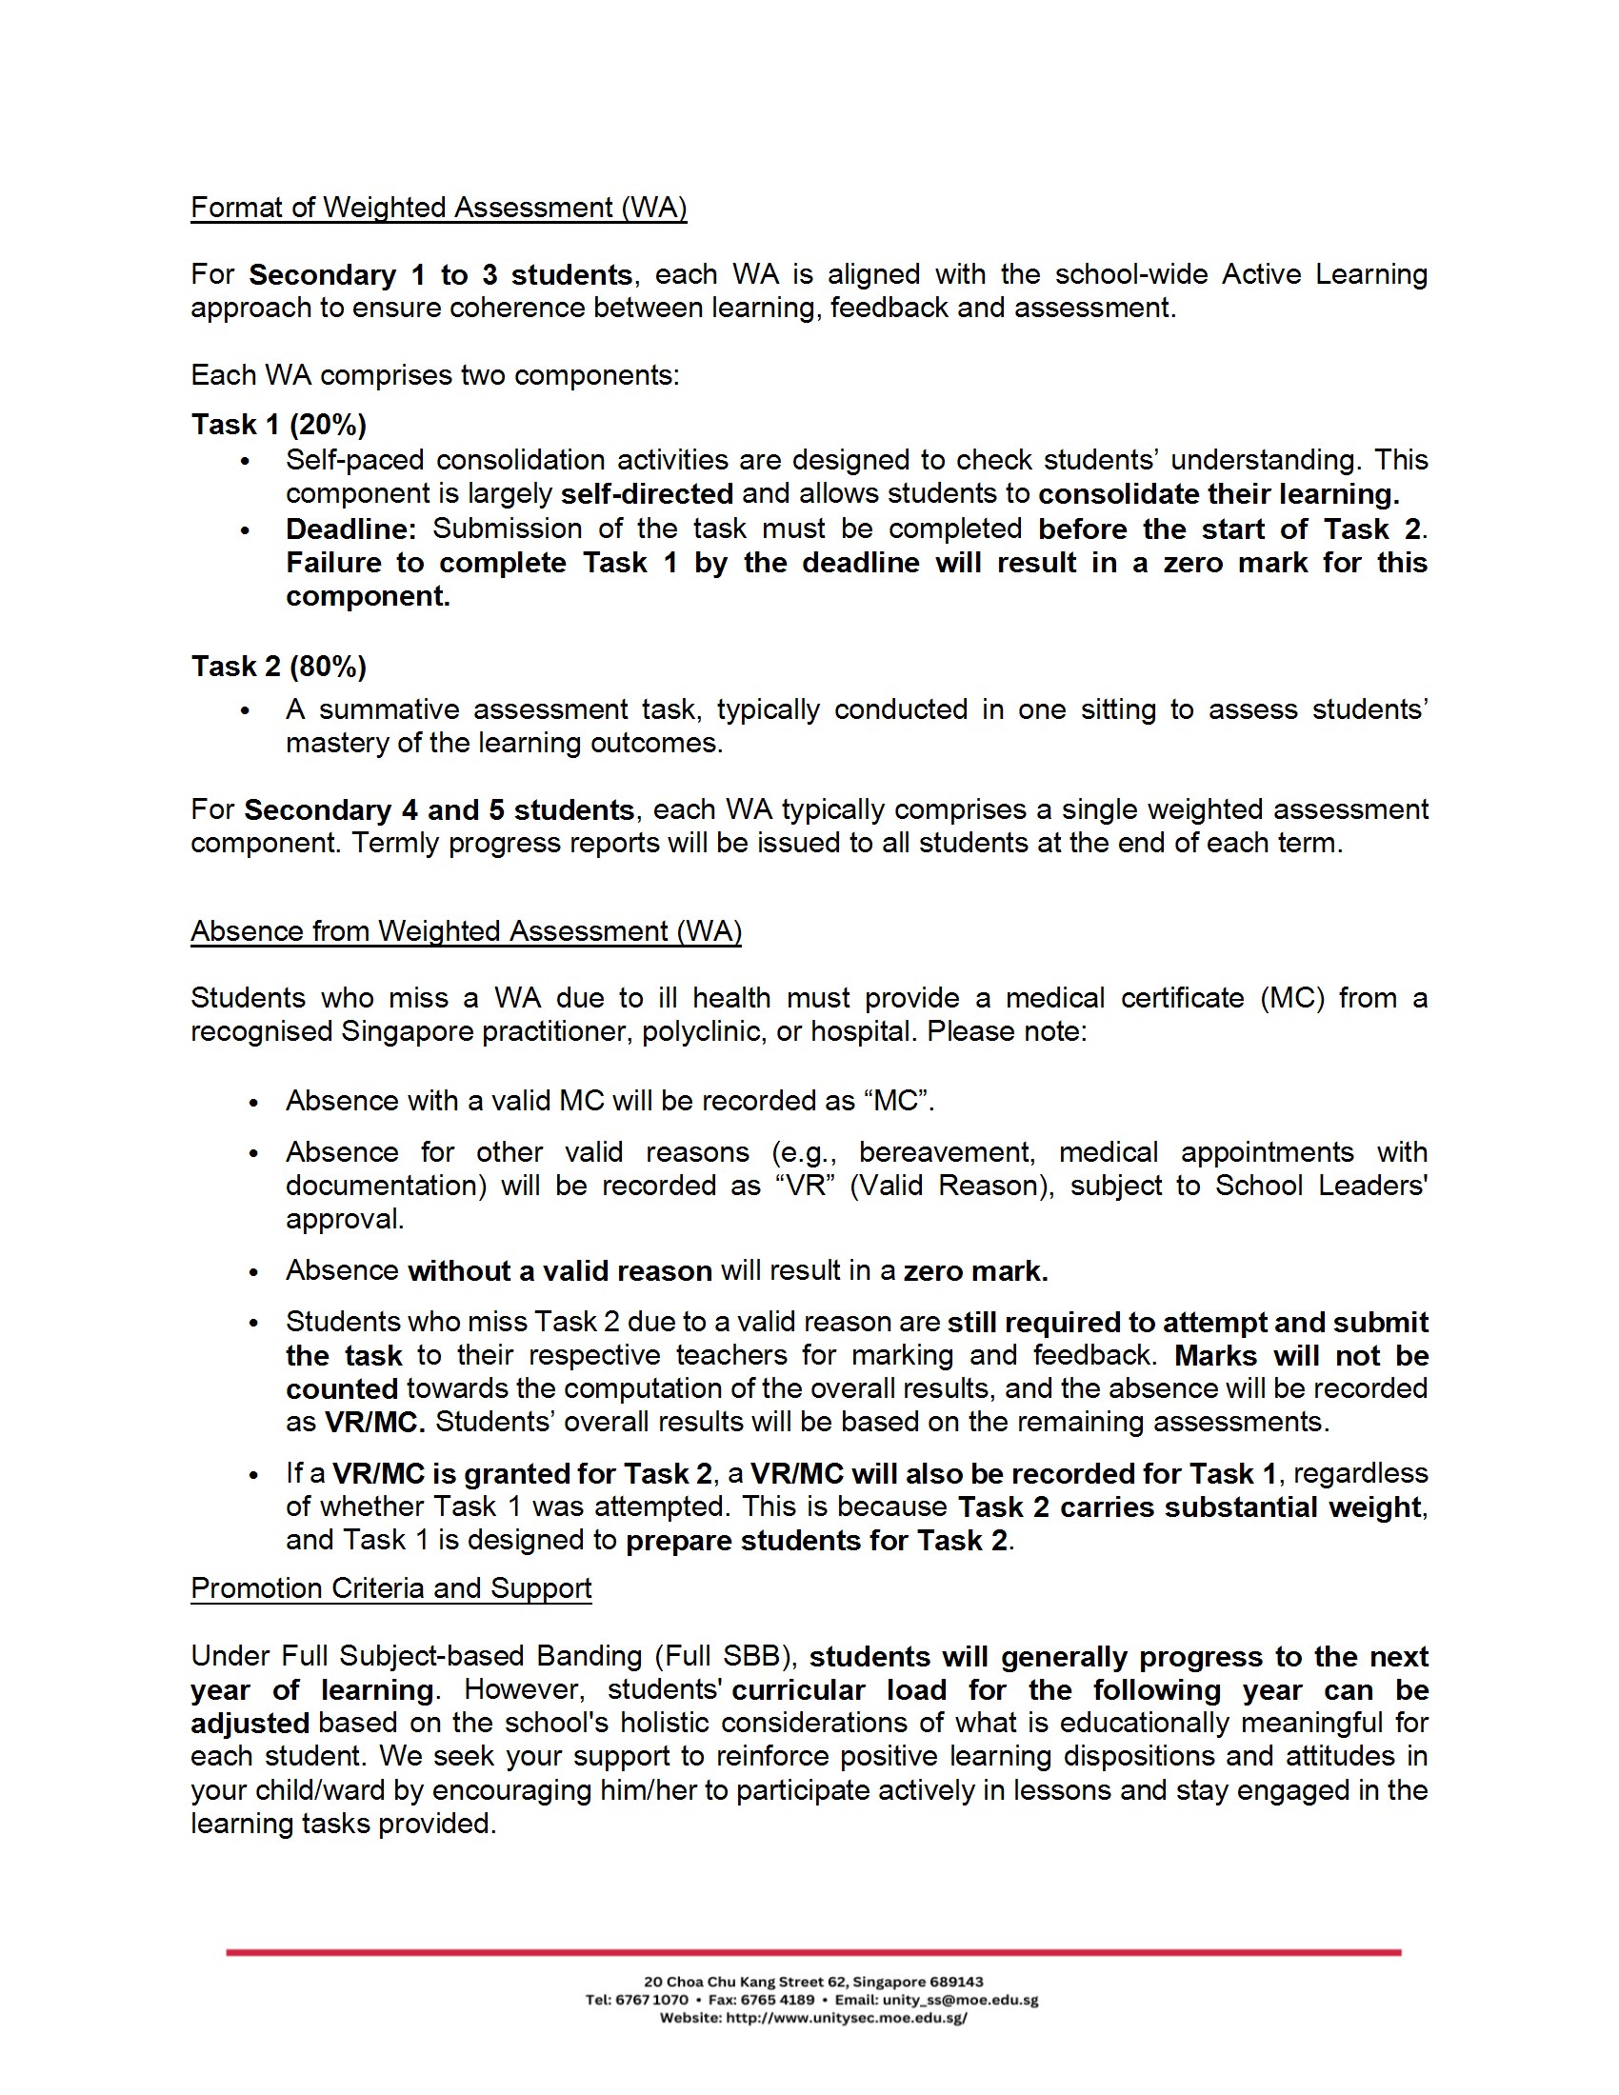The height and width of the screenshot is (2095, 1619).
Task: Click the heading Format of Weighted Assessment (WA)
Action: click(438, 209)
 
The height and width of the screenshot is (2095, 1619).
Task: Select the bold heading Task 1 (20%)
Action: click(278, 425)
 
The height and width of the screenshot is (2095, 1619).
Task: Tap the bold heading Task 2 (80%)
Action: click(278, 667)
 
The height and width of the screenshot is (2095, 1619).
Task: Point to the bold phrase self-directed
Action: click(647, 495)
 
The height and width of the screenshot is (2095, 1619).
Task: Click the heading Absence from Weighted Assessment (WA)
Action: click(465, 931)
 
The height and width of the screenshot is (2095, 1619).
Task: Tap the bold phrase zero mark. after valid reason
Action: click(975, 1272)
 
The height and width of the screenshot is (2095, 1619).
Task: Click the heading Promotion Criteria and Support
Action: click(390, 1588)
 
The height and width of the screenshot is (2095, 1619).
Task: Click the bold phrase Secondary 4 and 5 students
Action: click(438, 810)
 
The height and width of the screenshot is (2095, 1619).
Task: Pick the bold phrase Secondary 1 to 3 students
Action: click(440, 275)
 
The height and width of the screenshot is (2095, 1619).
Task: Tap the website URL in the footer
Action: click(847, 2018)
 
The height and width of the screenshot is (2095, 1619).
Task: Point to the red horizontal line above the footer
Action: click(813, 1952)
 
